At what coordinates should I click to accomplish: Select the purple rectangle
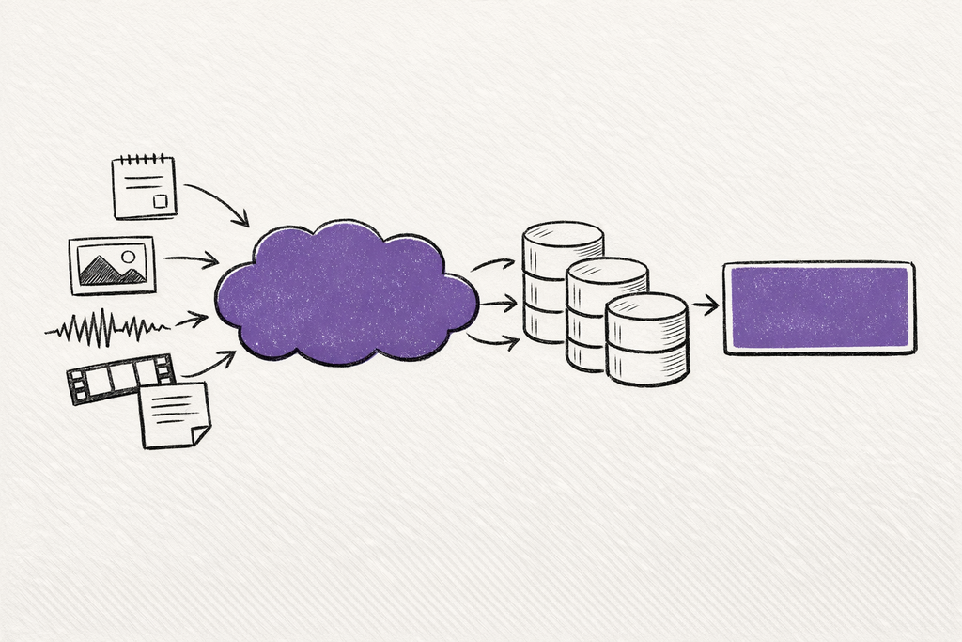[819, 307]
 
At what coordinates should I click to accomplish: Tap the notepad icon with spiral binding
[144, 188]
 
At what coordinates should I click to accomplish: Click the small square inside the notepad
[161, 201]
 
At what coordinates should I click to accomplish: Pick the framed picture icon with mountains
[112, 265]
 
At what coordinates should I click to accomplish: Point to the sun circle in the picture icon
[128, 256]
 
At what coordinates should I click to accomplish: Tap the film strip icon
[120, 378]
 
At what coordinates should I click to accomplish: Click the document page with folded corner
[175, 415]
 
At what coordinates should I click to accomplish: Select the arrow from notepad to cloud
[218, 202]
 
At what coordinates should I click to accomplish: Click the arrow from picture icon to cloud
[193, 259]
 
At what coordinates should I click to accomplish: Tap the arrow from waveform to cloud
[192, 321]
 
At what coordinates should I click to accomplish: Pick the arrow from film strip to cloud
[209, 365]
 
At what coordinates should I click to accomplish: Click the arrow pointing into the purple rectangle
[706, 305]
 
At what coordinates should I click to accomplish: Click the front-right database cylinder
[647, 338]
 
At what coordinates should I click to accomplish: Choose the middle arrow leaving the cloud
[498, 304]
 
